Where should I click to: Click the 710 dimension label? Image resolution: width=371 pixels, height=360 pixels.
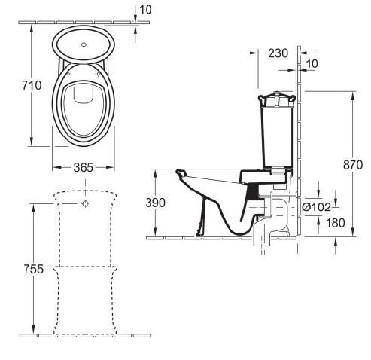click(x=32, y=85)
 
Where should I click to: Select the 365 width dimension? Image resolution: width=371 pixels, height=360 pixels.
click(x=84, y=167)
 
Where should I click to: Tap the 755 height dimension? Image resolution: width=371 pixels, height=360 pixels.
click(x=34, y=269)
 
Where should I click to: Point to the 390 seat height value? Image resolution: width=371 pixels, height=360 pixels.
click(x=156, y=203)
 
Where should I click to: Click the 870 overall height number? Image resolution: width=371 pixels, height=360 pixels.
click(x=353, y=165)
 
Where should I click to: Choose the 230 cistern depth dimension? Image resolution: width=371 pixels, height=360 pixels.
click(x=278, y=53)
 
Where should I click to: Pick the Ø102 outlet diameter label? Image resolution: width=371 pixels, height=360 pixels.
click(x=317, y=207)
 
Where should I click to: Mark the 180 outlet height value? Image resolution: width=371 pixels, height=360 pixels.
click(x=336, y=223)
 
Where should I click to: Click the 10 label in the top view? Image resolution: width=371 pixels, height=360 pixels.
click(x=145, y=10)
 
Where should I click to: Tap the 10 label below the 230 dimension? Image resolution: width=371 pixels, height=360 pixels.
click(x=312, y=64)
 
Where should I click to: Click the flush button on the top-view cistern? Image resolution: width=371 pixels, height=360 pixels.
click(x=84, y=44)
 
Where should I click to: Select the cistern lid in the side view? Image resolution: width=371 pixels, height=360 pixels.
click(x=277, y=99)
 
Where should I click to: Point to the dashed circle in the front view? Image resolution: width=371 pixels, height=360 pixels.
click(x=85, y=203)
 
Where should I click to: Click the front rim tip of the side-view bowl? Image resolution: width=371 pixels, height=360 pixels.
click(x=179, y=172)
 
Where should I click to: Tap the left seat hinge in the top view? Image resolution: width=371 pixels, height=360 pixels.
click(x=69, y=74)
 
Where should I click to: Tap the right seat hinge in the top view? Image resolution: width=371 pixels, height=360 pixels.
click(x=98, y=74)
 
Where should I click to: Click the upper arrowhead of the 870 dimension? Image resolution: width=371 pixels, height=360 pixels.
click(x=353, y=96)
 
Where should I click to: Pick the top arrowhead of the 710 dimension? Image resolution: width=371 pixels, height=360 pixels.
click(x=32, y=29)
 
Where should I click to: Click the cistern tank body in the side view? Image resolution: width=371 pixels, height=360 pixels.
click(x=277, y=137)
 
